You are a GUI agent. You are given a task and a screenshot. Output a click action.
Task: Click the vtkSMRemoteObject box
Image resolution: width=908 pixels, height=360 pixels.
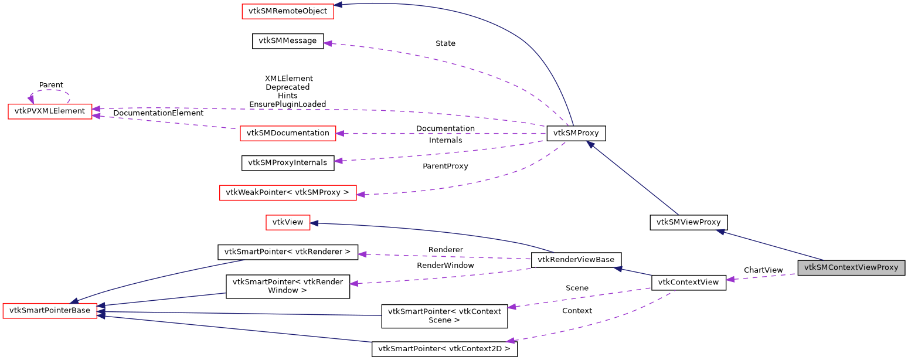288,11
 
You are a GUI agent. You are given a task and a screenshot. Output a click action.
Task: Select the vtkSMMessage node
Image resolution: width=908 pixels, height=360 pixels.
288,41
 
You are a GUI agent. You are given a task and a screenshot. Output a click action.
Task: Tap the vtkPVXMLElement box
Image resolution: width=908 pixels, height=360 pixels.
50,111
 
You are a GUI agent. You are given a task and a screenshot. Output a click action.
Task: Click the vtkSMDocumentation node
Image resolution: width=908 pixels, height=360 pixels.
288,133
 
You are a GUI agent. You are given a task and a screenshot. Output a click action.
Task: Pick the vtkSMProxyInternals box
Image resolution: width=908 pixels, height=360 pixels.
288,163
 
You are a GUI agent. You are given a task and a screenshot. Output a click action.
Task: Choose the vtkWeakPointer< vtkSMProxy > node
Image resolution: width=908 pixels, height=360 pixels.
288,193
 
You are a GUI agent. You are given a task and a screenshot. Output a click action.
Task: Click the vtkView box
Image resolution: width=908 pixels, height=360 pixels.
288,222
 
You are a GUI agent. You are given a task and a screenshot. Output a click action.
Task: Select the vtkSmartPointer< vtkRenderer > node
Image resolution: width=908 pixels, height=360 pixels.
288,252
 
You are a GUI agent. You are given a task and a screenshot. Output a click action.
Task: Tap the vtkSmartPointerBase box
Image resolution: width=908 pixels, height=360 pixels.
50,310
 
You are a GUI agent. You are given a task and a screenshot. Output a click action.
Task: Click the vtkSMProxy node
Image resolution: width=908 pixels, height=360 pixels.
576,133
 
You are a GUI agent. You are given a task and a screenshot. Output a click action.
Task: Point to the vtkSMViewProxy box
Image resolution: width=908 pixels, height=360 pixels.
689,222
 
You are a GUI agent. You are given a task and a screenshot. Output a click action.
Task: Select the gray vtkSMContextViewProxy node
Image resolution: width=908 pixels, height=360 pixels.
851,267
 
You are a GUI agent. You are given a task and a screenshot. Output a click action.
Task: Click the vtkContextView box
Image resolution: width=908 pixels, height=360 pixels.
689,282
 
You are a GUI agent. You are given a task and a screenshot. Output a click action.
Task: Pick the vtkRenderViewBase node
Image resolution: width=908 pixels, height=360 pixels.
576,260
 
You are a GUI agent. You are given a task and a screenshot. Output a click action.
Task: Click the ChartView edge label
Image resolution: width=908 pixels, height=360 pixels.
763,270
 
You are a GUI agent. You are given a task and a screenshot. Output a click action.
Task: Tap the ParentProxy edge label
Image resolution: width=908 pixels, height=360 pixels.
446,166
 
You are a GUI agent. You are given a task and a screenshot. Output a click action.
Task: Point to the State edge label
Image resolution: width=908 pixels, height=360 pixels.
446,43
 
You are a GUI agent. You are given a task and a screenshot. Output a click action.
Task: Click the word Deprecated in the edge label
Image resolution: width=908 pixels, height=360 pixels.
288,87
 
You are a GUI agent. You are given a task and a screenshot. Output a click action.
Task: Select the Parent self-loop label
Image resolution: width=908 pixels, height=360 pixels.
51,85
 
